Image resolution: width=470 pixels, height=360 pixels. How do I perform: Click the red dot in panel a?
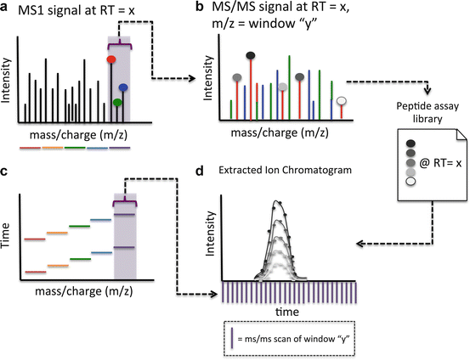tap(110, 59)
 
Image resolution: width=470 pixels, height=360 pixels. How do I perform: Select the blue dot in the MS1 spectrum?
tap(124, 87)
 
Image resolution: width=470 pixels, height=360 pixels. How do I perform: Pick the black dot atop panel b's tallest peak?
tap(250, 56)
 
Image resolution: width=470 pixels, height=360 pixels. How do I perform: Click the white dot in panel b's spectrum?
tap(342, 101)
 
